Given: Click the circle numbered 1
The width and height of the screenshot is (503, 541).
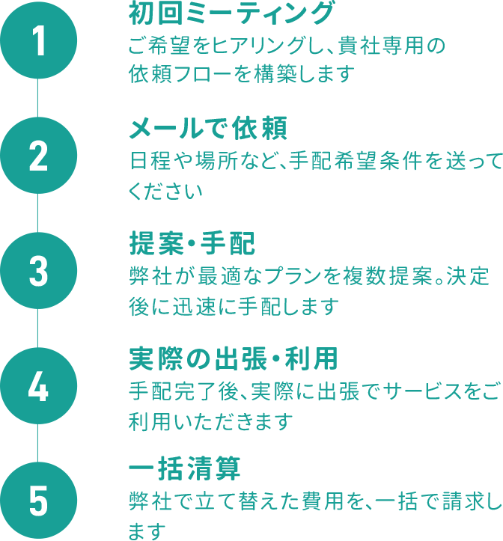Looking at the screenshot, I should point(38,41).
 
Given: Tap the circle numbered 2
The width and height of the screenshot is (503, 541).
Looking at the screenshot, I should point(38,156).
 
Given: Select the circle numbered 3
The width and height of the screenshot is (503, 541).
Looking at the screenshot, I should point(38,271).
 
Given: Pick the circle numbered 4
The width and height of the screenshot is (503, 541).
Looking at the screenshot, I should point(38,386).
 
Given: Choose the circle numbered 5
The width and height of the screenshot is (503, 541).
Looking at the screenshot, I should point(38,501).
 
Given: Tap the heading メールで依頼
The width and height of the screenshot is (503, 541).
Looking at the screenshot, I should point(208,129).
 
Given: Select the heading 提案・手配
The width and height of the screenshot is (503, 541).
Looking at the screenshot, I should point(192,244).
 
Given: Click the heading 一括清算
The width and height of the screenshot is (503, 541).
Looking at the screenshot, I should point(184,469).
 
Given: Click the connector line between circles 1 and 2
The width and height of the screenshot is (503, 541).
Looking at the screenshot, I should point(38,98).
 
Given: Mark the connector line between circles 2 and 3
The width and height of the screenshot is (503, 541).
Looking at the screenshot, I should point(38,213).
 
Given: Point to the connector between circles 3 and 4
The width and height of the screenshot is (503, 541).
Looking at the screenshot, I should point(38,328).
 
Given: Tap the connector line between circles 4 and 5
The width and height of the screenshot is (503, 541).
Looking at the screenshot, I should point(38,443).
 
